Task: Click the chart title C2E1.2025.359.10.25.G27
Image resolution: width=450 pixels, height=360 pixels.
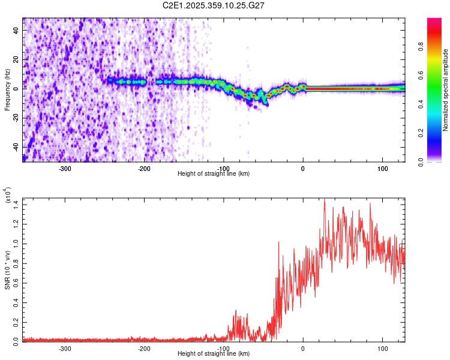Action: [214, 5]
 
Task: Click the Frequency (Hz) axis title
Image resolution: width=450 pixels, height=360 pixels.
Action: [7, 89]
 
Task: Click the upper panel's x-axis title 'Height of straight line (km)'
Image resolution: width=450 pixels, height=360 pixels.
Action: [214, 174]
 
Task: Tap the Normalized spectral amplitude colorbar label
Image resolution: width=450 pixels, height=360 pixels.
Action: [446, 90]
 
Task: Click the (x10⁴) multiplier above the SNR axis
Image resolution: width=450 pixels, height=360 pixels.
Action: [7, 196]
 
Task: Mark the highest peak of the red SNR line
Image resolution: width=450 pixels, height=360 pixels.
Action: [325, 200]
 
